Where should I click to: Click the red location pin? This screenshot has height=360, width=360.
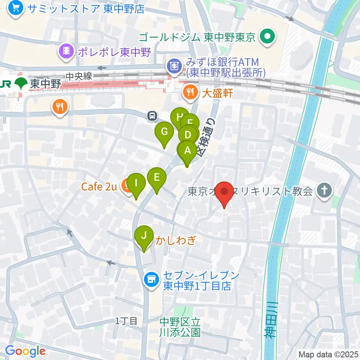pos(225,192)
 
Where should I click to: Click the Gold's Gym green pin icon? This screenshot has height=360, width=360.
pos(268,37)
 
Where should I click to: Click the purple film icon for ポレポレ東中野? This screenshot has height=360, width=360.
pos(66,51)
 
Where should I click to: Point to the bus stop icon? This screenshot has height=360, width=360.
pos(152,115)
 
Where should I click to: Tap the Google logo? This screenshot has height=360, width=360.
pos(25,351)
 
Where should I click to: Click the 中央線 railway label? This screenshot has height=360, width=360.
pos(79,76)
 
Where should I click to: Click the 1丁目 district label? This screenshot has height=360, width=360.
pos(126,321)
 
